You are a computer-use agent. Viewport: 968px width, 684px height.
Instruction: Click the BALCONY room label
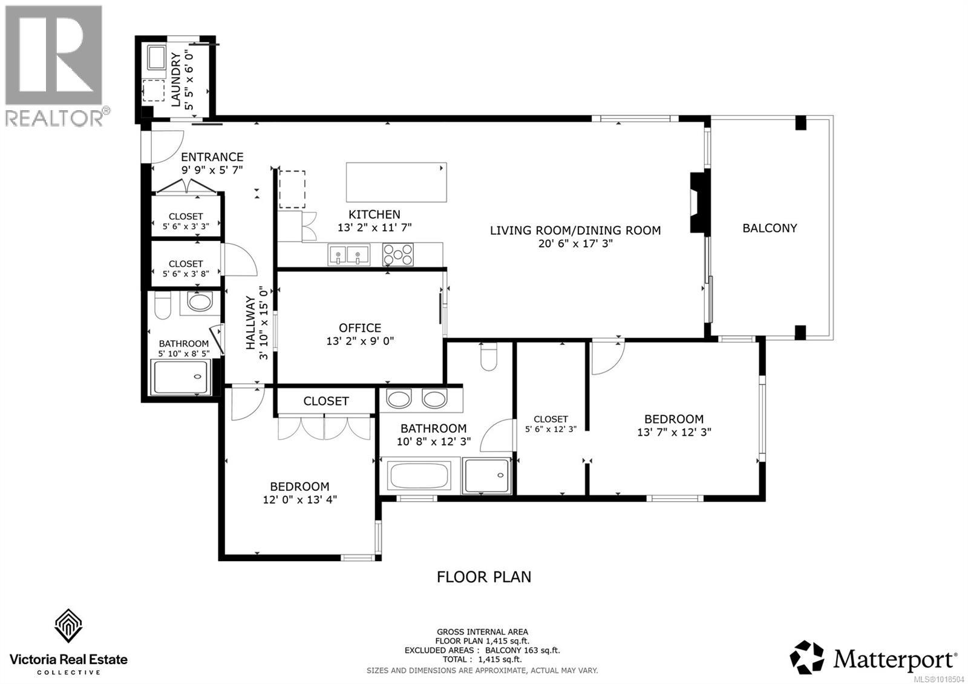pyautogui.click(x=770, y=228)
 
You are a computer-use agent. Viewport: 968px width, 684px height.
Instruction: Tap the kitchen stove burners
pyautogui.click(x=398, y=254)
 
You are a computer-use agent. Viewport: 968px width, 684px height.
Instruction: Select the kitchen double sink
pyautogui.click(x=349, y=254)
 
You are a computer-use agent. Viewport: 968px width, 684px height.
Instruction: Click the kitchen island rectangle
pyautogui.click(x=396, y=182)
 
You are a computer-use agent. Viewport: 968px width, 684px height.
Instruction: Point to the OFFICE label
pyautogui.click(x=360, y=327)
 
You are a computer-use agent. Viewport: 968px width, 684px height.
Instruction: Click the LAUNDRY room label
pyautogui.click(x=175, y=79)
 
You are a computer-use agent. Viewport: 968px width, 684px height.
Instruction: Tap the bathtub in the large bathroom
pyautogui.click(x=419, y=476)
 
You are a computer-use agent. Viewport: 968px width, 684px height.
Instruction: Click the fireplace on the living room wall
pyautogui.click(x=699, y=202)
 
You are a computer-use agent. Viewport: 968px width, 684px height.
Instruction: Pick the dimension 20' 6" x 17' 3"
pyautogui.click(x=575, y=243)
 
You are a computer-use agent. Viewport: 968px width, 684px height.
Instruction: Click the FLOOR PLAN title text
pyautogui.click(x=484, y=577)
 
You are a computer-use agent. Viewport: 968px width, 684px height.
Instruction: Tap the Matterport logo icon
pyautogui.click(x=807, y=657)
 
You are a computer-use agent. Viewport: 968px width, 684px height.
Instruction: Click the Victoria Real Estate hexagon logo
pyautogui.click(x=68, y=626)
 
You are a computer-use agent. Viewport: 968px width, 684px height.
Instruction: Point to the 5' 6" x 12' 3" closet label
pyautogui.click(x=551, y=429)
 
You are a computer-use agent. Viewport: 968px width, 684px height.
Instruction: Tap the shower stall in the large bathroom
pyautogui.click(x=486, y=476)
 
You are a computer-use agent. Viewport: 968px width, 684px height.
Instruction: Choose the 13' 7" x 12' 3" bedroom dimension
pyautogui.click(x=673, y=432)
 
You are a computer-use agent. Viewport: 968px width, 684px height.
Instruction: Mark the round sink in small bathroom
pyautogui.click(x=199, y=301)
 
